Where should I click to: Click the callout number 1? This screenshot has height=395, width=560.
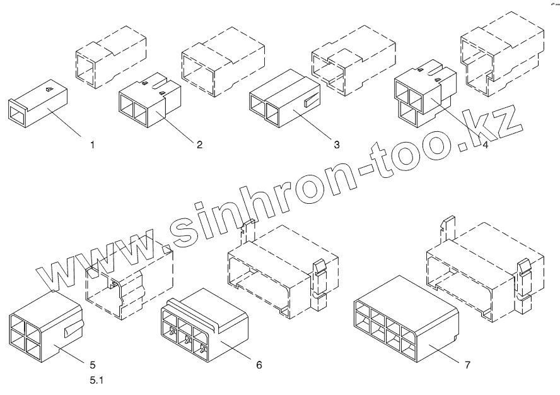[x=92, y=144]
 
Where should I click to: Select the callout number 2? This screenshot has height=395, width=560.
[x=199, y=144]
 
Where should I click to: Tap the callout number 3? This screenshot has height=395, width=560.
[x=337, y=144]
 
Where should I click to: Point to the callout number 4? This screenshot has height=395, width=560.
[x=484, y=144]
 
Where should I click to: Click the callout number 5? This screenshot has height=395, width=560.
[x=93, y=364]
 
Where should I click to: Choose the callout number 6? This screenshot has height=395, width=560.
[x=259, y=364]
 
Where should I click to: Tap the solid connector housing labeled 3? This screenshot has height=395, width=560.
[x=284, y=101]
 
